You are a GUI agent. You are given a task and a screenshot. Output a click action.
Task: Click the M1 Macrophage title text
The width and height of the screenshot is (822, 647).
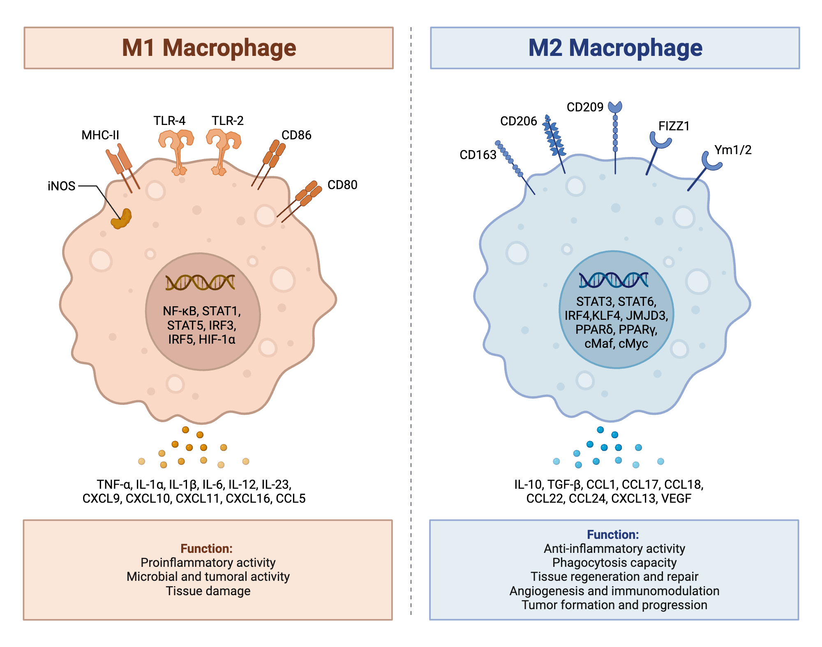coord(209,48)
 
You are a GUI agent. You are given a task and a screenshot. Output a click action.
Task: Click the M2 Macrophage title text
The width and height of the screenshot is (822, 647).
coord(615,48)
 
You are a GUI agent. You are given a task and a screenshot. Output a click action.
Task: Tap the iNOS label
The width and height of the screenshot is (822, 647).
coord(62,186)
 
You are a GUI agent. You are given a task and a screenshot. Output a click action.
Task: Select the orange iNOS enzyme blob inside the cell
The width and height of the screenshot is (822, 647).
coord(121,219)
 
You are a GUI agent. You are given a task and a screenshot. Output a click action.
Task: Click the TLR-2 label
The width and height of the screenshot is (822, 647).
coord(228,121)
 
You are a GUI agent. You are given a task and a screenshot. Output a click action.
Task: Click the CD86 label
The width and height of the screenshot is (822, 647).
coord(296,135)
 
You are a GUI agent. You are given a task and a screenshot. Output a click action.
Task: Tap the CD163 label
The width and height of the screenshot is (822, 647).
coord(478,155)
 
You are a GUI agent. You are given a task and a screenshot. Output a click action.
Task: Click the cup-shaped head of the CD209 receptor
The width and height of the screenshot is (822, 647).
coord(615,107)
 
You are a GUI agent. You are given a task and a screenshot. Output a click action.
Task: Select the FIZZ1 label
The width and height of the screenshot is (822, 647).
coord(674,126)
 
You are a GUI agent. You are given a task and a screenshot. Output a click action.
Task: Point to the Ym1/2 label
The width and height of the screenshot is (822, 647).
coord(733,150)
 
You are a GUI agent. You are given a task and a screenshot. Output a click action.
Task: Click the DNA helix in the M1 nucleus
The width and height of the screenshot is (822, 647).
coord(200,282)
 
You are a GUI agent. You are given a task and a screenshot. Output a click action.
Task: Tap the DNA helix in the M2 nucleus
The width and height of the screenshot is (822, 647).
coord(614,280)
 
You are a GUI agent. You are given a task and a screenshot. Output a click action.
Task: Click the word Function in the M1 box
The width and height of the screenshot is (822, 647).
coord(207,549)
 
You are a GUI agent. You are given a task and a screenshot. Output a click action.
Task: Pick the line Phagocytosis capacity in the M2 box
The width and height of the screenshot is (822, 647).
coord(614,563)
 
